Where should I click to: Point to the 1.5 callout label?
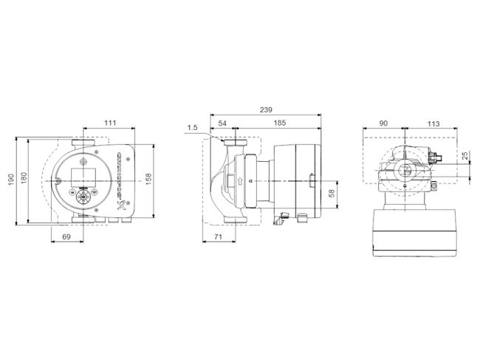point(193,128)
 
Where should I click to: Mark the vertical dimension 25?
point(465,157)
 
